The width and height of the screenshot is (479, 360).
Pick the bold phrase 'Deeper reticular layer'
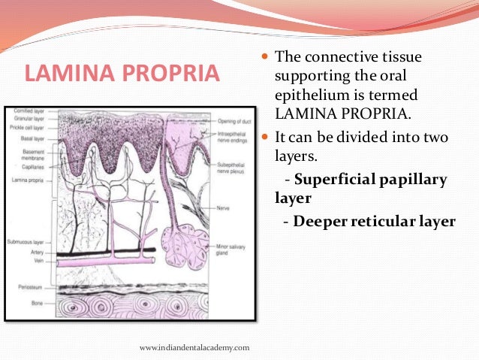point(374,221)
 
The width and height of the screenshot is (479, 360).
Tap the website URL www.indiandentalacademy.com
point(194,347)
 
